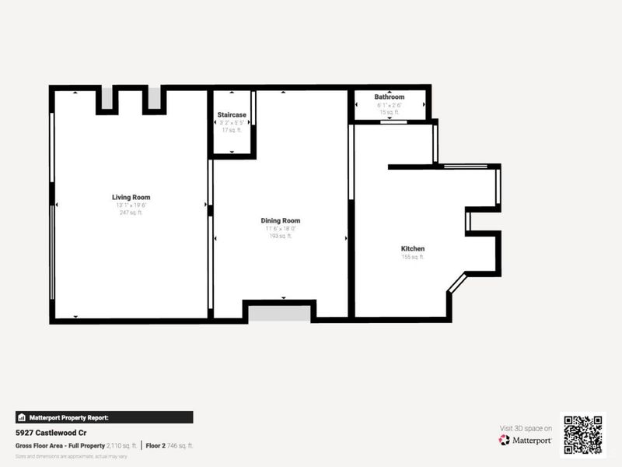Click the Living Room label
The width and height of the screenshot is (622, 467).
click(x=131, y=198)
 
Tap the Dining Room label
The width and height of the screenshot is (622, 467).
click(x=280, y=221)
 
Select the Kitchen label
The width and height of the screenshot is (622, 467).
click(x=413, y=249)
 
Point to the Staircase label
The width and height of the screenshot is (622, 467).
click(x=232, y=114)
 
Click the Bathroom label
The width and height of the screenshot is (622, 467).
click(x=390, y=97)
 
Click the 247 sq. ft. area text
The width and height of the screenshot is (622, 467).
click(x=131, y=212)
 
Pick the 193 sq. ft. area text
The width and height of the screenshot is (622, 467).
click(x=280, y=236)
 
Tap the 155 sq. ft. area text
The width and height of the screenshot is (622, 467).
click(x=413, y=257)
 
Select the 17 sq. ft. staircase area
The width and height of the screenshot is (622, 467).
click(x=232, y=130)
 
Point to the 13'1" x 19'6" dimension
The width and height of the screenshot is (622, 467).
click(x=131, y=205)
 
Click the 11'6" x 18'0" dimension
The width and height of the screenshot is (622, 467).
click(x=280, y=229)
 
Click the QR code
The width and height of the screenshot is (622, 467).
click(x=582, y=434)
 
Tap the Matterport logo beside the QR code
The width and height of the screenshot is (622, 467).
click(x=526, y=440)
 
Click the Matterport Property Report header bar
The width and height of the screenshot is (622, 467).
click(x=104, y=417)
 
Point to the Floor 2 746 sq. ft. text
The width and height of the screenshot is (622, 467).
click(x=169, y=445)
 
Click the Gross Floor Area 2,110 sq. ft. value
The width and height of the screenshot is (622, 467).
click(x=123, y=445)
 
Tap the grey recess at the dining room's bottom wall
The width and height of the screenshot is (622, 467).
click(x=279, y=314)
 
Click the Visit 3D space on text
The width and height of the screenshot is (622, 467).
click(x=526, y=428)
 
